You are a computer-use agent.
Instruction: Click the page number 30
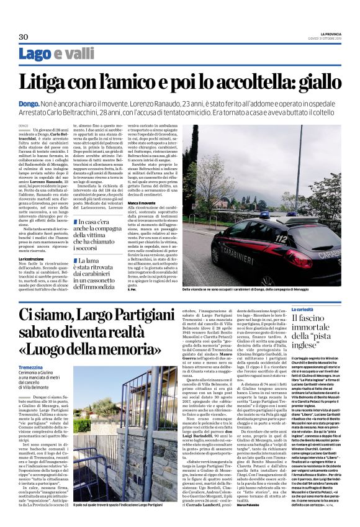24,37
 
